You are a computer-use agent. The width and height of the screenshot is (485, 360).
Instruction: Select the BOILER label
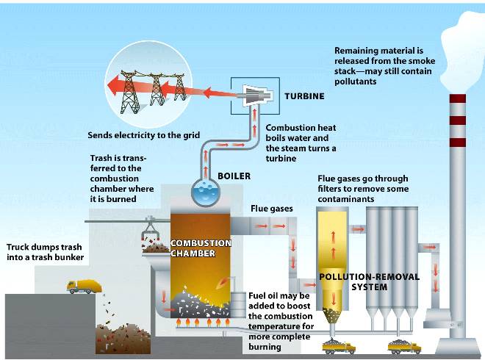(x=234, y=176)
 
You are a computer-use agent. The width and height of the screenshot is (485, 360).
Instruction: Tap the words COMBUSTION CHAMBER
(x=201, y=248)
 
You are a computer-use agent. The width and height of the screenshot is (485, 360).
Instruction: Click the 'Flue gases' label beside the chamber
(x=272, y=209)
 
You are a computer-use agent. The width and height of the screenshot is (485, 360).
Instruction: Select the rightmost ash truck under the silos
(x=405, y=346)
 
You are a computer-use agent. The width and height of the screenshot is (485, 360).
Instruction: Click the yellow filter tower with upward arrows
(x=331, y=250)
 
